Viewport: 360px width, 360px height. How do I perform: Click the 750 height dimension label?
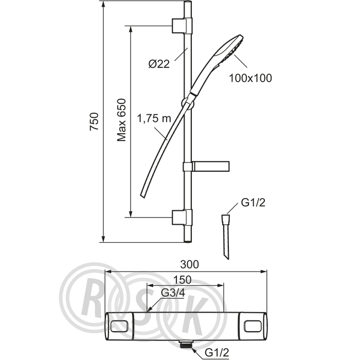pos(94,122)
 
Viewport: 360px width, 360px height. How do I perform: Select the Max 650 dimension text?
pos(121,120)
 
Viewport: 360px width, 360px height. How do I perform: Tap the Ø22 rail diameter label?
pos(159,64)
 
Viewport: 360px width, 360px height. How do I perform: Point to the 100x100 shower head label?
pos(250,78)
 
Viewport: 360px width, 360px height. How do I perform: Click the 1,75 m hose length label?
pos(154,119)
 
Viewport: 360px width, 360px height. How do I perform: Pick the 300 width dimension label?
pos(189,264)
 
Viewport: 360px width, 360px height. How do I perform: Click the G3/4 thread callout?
pos(173,293)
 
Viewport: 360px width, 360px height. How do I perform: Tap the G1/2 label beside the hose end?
pos(253,203)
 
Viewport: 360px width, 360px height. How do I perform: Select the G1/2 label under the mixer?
pos(217,353)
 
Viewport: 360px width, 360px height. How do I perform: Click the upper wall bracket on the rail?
pos(182,25)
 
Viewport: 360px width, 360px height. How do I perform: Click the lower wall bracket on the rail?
pos(182,217)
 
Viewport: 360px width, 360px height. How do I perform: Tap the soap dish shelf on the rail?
pos(206,167)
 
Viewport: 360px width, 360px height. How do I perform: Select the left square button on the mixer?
pos(119,326)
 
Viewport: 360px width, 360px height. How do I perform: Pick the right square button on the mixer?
pos(253,326)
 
